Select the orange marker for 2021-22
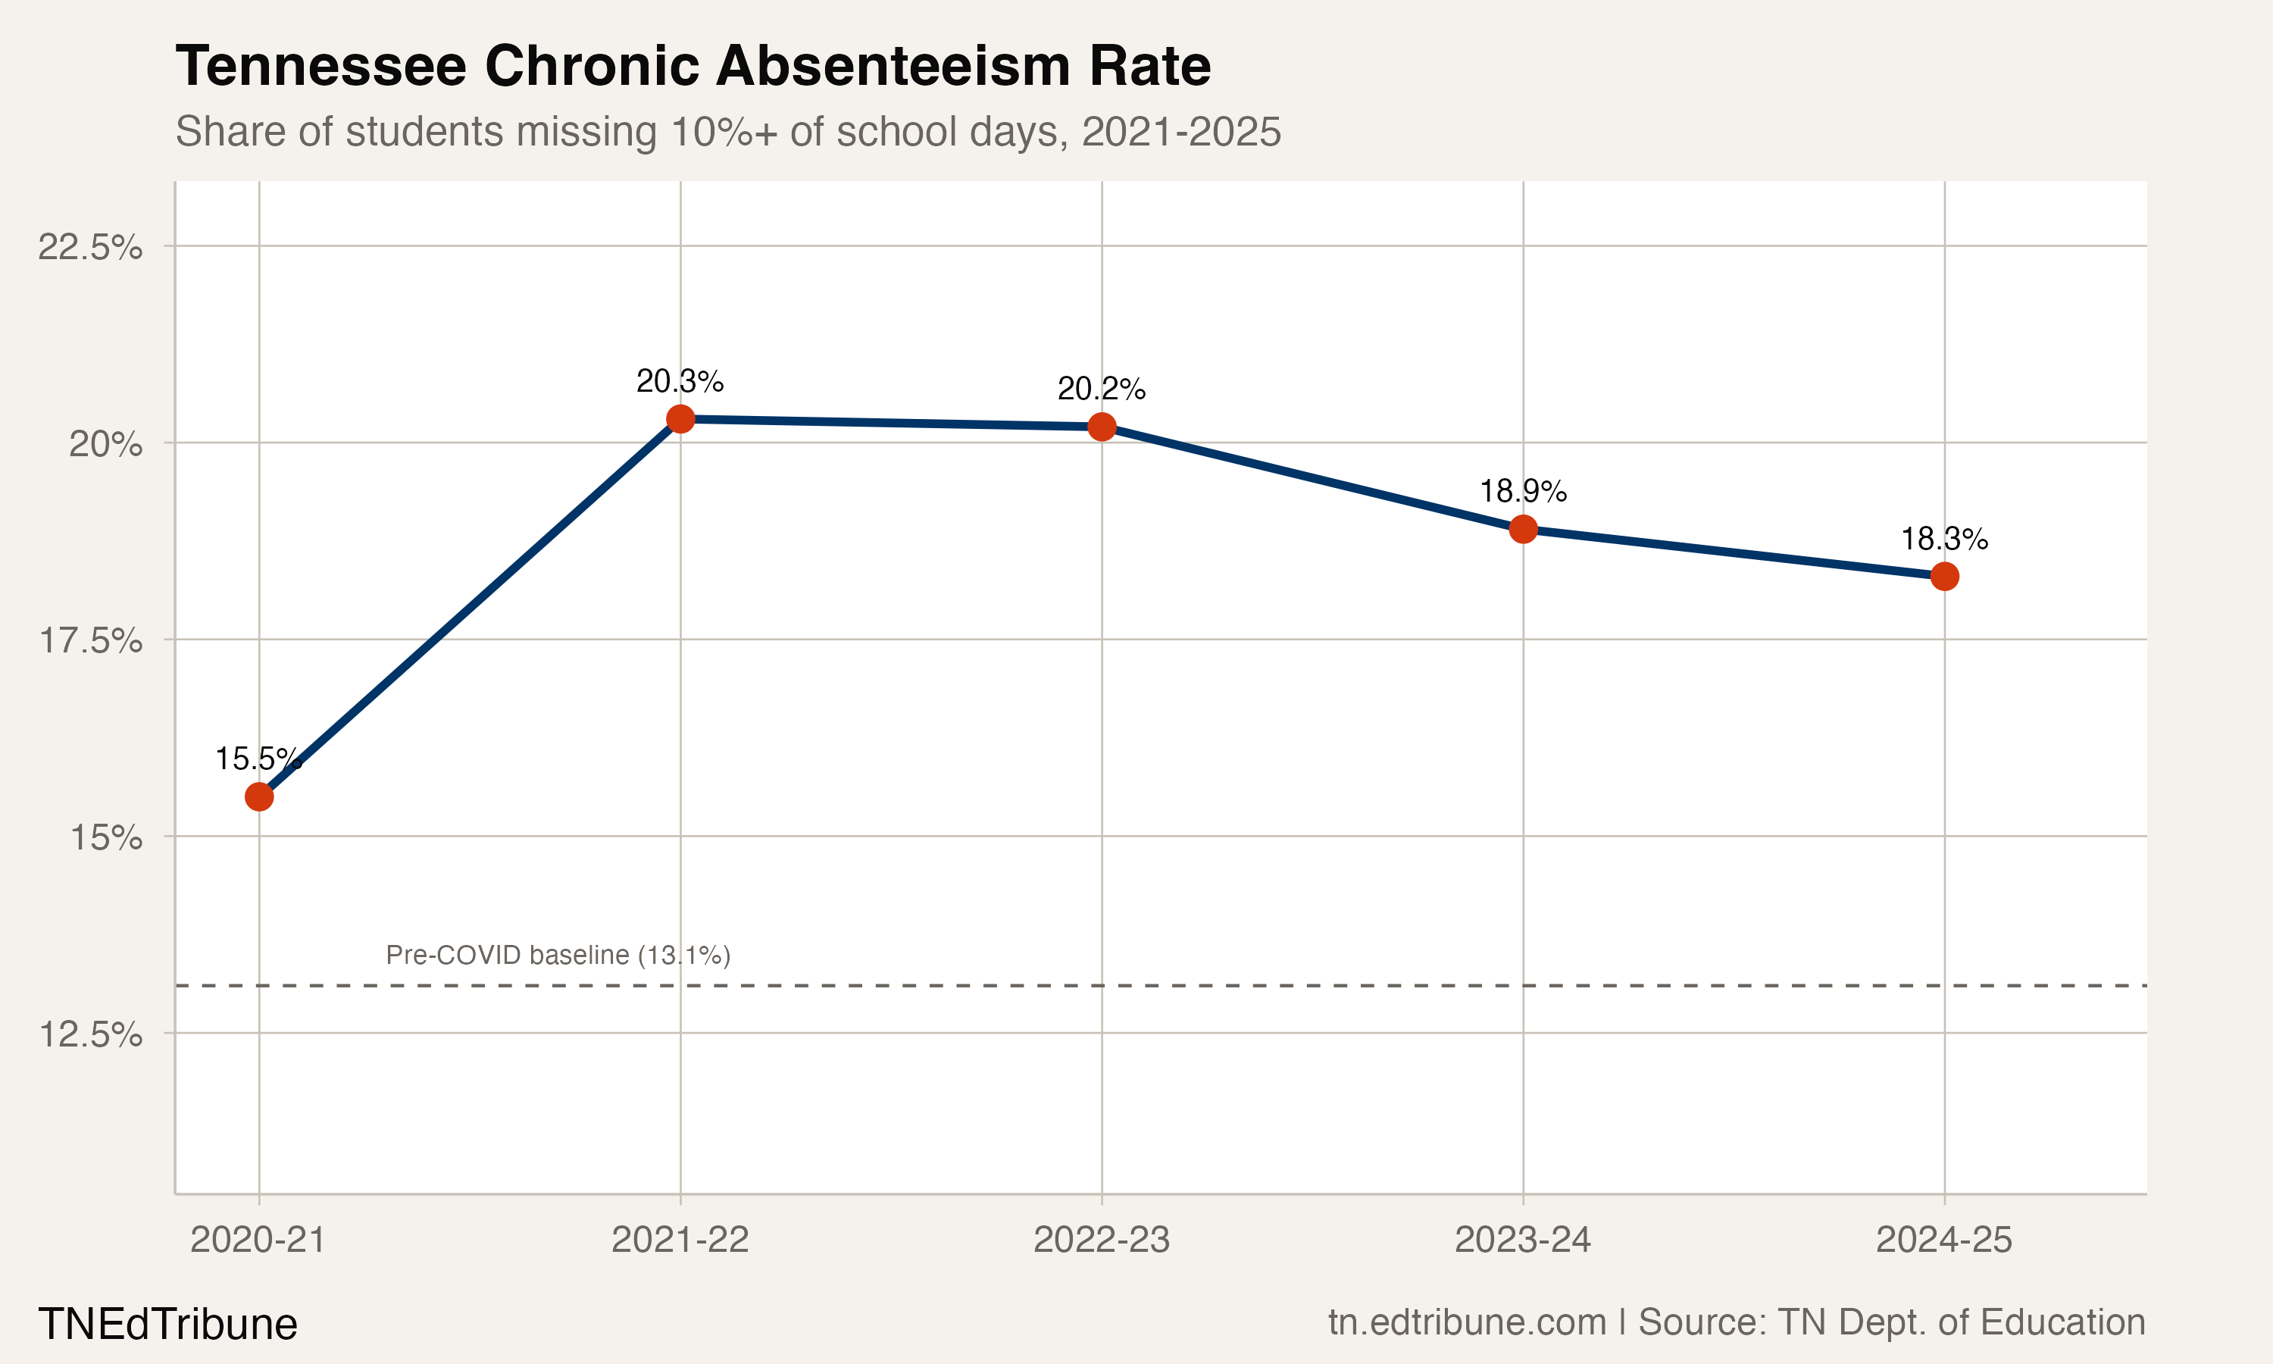tap(680, 419)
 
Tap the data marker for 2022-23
tap(1102, 427)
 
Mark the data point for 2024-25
tap(1944, 577)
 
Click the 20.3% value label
tap(680, 380)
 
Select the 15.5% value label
tap(258, 759)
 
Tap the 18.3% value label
tap(1944, 539)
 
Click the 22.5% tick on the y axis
tap(90, 247)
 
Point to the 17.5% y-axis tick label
tap(90, 640)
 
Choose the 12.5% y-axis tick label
tap(90, 1035)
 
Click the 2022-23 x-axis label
tap(1102, 1240)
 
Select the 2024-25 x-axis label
tap(1944, 1240)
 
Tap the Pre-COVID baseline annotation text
tap(558, 955)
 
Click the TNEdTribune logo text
tap(168, 1325)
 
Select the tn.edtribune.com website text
tap(1468, 1322)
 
